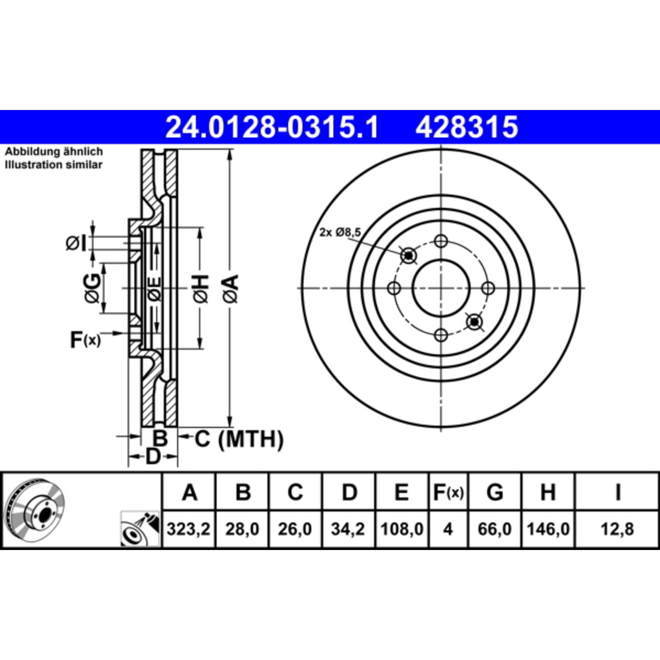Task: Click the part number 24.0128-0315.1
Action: tap(272, 127)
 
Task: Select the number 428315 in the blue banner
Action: tap(466, 127)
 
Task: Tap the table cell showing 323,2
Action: tap(189, 529)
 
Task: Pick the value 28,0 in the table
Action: tap(242, 529)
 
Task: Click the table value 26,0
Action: tap(295, 529)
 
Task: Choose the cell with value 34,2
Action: tap(348, 529)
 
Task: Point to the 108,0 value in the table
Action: tap(402, 529)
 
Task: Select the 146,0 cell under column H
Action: tap(548, 529)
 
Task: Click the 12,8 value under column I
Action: tap(617, 529)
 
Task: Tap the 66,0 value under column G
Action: tap(494, 529)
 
